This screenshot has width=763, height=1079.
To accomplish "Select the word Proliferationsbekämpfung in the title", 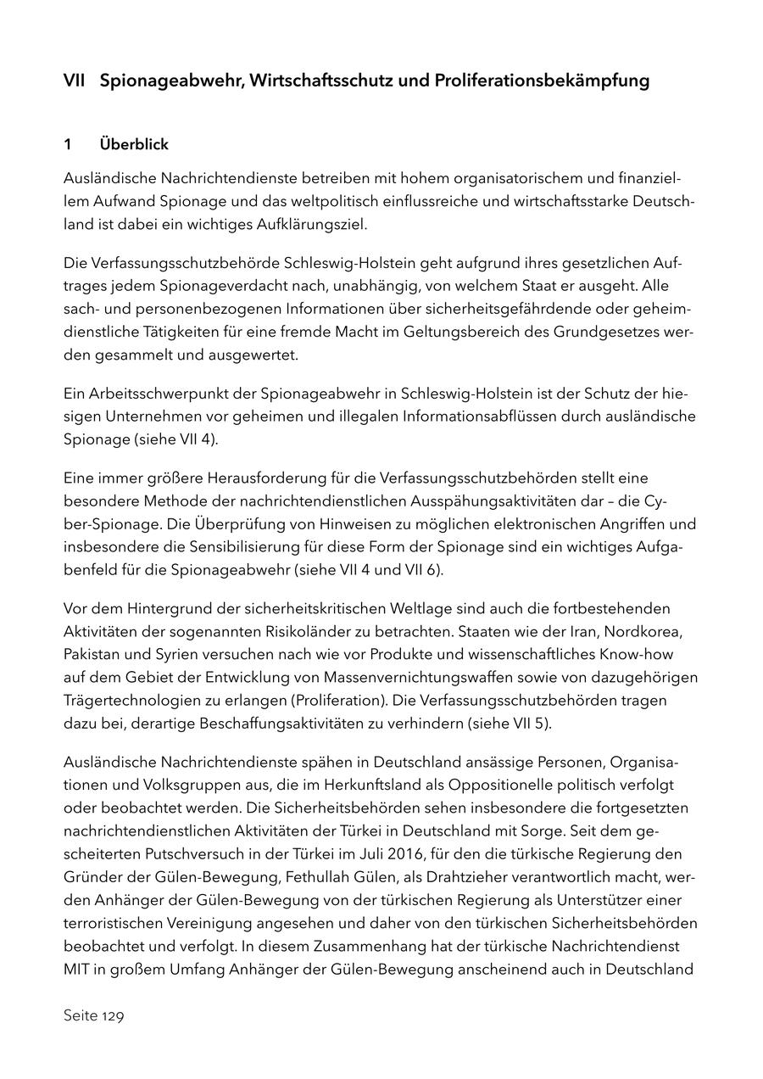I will click(x=543, y=81).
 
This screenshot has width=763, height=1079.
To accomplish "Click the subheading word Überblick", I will click(x=134, y=145).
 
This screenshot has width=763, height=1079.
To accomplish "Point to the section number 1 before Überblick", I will click(x=68, y=145).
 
